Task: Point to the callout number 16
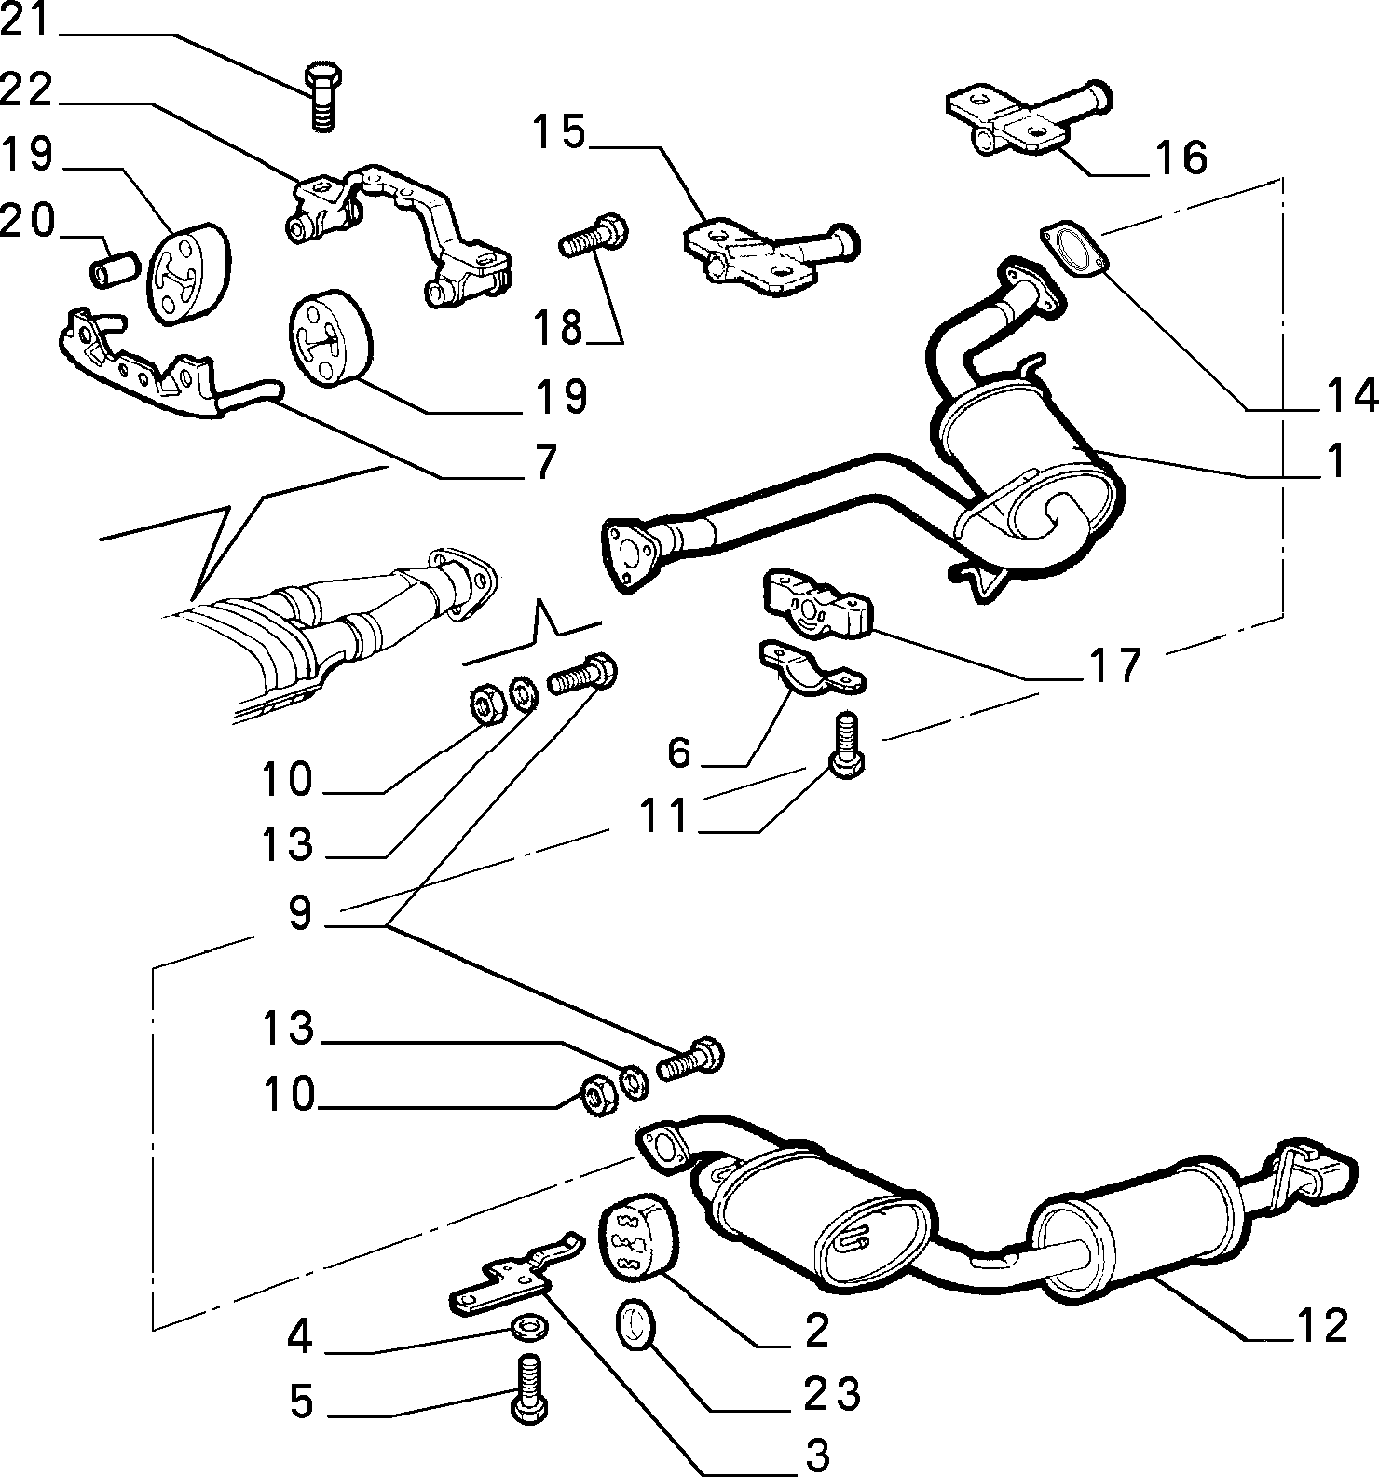1181,157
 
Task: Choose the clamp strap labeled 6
810,668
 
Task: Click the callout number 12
1321,1325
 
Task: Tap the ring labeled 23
635,1325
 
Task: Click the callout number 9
300,914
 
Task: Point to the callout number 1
1336,460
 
